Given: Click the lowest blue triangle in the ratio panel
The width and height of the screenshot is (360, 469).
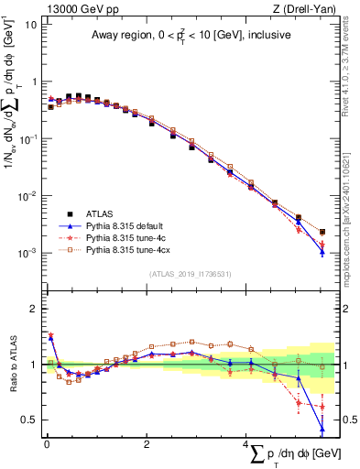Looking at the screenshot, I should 322,428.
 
